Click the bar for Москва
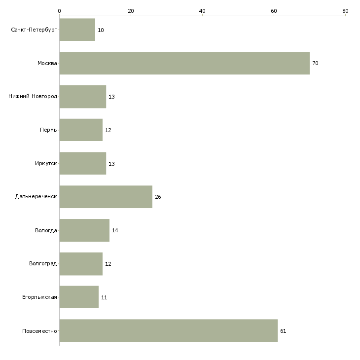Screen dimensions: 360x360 point(184,63)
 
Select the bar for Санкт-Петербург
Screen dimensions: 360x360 point(77,30)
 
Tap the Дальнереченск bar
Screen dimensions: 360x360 point(106,197)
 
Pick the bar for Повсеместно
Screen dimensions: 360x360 point(168,330)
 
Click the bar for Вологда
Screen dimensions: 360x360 point(84,230)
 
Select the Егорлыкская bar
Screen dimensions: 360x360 point(79,297)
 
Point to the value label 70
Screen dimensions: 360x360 point(315,64)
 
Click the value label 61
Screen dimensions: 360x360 point(283,331)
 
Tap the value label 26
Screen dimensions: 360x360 point(158,197)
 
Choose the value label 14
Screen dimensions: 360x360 point(115,231)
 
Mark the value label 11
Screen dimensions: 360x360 point(104,298)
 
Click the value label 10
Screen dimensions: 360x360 point(101,31)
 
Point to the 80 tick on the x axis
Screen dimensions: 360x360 point(345,11)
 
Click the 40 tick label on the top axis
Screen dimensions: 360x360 point(202,11)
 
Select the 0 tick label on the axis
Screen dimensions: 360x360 point(59,11)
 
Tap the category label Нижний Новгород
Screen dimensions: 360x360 point(33,97)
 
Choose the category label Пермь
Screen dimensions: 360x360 point(48,130)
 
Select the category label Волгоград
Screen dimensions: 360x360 point(43,264)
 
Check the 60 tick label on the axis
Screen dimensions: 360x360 point(274,11)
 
